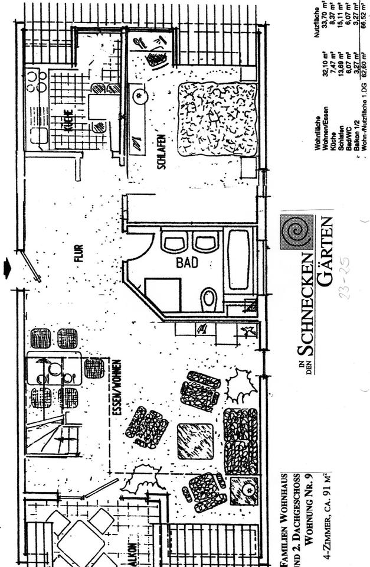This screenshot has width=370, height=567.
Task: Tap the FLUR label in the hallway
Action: pos(79,253)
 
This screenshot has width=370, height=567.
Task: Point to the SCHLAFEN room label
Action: pos(161,152)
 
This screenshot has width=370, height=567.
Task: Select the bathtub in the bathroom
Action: pos(238,260)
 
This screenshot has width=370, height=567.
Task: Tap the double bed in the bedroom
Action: pos(217,118)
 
